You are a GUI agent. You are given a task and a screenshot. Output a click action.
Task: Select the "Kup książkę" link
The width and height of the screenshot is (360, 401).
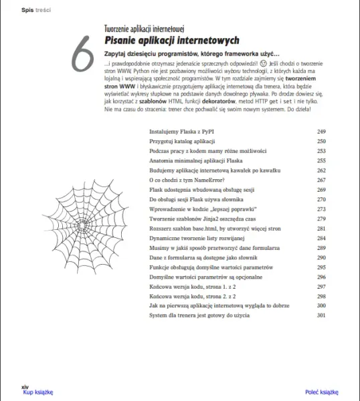37,392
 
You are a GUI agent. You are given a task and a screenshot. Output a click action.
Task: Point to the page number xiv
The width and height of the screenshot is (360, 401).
25,386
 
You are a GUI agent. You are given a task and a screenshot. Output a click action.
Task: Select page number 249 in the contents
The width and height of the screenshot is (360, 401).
321,132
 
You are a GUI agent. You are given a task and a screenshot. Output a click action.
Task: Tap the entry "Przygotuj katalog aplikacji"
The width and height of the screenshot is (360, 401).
181,142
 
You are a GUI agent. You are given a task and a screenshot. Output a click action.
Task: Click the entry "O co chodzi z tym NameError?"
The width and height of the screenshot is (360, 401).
187,180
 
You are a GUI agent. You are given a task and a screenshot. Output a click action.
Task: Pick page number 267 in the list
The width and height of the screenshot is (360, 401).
321,180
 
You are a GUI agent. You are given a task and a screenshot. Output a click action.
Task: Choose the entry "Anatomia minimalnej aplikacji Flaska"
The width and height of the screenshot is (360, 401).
195,160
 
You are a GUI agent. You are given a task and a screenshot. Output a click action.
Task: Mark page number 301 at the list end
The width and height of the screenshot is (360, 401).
321,315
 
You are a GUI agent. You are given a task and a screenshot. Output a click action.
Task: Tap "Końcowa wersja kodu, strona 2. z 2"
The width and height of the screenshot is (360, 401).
192,295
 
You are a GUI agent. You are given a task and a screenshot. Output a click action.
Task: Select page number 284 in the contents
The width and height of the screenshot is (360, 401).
321,238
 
